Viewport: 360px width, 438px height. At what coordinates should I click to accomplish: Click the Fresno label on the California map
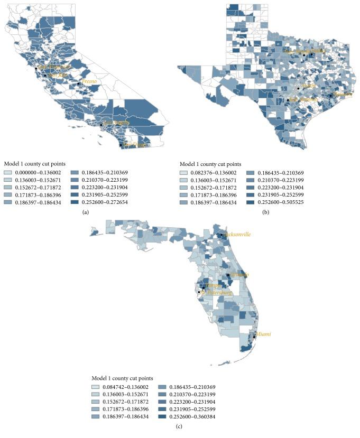90,81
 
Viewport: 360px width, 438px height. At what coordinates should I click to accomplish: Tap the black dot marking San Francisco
36,69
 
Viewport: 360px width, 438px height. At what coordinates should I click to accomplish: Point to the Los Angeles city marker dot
101,125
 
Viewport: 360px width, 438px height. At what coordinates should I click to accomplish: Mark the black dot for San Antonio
288,100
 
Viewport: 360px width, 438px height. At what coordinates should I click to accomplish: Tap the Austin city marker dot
298,88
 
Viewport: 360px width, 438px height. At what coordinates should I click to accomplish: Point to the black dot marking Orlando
228,275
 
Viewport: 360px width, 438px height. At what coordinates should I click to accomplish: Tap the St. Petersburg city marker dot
199,292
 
